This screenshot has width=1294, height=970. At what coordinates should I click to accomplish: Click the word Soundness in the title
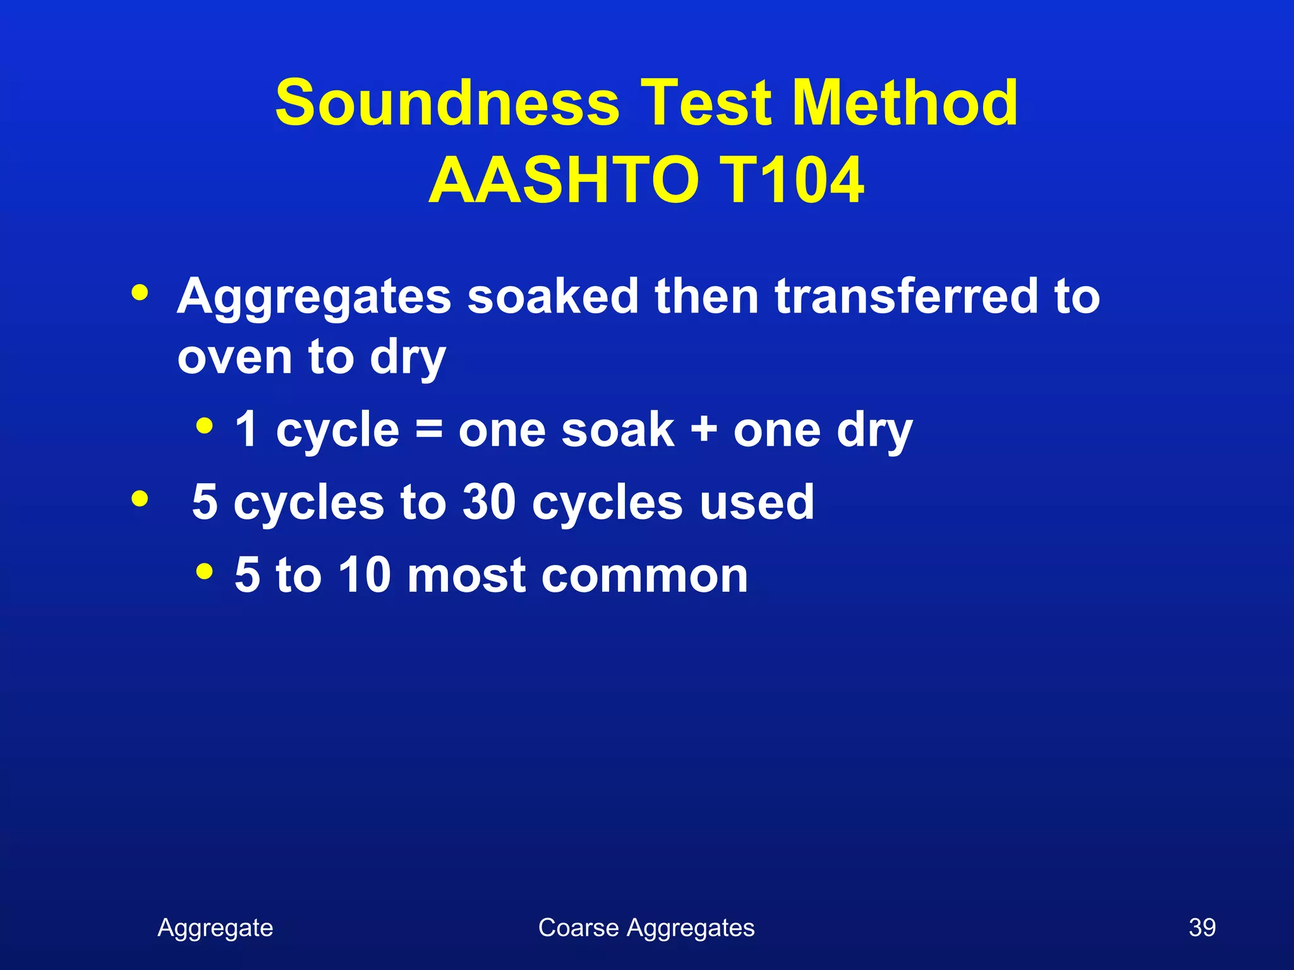[447, 103]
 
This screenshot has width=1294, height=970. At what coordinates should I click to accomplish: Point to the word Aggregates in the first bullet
[314, 297]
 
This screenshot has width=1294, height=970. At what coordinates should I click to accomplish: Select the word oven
[234, 357]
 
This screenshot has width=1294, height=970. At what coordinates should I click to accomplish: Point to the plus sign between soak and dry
[704, 431]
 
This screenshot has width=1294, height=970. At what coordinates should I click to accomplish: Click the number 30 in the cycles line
[489, 503]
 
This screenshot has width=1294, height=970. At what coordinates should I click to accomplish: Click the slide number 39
[1202, 928]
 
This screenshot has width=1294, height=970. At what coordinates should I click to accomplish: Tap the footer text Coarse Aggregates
[646, 928]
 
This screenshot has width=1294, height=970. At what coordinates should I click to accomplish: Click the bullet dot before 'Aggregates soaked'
[140, 293]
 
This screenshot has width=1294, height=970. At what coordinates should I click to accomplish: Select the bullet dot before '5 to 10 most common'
[204, 572]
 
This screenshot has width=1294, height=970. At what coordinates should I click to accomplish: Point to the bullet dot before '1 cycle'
[204, 426]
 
